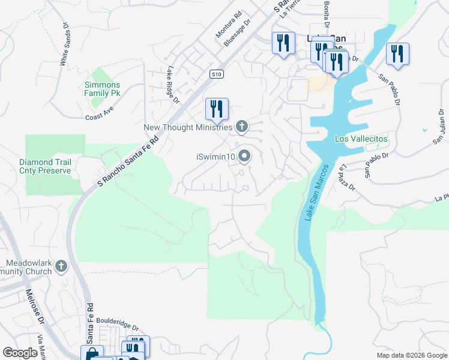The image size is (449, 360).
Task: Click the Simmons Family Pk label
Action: coord(103,89)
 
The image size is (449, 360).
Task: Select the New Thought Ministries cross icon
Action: coord(241,126)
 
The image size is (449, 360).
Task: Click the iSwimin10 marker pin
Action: coord(244,157)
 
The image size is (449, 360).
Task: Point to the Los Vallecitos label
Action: coord(361,139)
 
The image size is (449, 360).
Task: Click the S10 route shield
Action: coord(217,74)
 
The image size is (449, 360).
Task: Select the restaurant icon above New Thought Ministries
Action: coord(217,109)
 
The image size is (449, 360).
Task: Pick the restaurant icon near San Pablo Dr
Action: coord(397,53)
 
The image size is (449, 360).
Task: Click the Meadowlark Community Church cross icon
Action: coord(61,266)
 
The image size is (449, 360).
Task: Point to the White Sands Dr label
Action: coord(64,44)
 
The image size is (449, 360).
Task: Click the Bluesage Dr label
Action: coord(237,35)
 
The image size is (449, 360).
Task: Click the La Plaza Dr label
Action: coord(348,178)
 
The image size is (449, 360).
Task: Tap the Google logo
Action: coord(20,353)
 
